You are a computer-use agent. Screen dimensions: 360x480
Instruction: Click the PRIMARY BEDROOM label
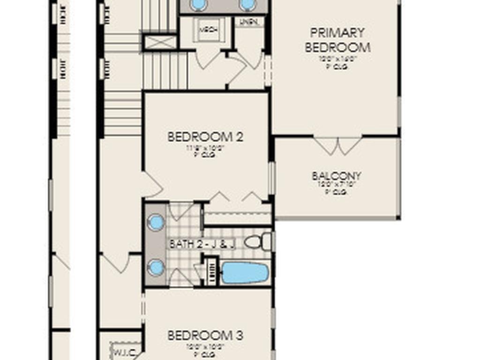(x=337, y=40)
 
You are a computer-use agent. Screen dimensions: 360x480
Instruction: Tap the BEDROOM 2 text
(x=205, y=137)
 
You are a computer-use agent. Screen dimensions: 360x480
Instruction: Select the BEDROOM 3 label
(x=205, y=336)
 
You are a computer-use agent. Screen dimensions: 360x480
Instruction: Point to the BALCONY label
(x=337, y=176)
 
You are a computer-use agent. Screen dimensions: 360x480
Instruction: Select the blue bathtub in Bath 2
(x=244, y=273)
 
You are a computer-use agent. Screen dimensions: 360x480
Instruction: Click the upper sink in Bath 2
(x=156, y=222)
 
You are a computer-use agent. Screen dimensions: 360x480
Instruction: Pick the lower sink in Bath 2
(x=156, y=268)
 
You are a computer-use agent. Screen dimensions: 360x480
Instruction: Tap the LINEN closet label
(x=248, y=22)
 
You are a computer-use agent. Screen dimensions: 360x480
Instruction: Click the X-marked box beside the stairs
(x=160, y=42)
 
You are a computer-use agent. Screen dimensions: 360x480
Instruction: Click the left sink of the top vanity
(x=198, y=4)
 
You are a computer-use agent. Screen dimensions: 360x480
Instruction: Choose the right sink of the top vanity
(x=247, y=4)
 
